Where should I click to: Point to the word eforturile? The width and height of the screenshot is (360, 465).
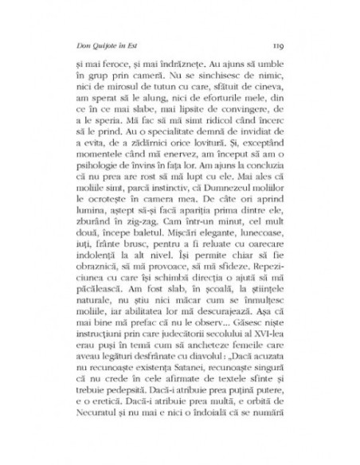[203, 111]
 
